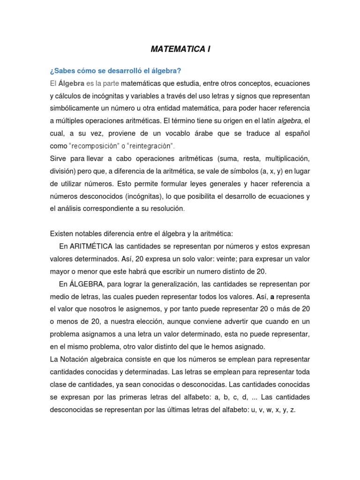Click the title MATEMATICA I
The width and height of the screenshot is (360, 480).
[x=180, y=49]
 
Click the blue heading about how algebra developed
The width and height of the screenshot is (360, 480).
[x=115, y=71]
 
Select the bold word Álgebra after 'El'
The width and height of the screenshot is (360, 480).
[x=71, y=83]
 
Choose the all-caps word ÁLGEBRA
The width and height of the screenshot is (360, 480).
[x=90, y=284]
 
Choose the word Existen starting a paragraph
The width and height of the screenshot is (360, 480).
[x=61, y=233]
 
